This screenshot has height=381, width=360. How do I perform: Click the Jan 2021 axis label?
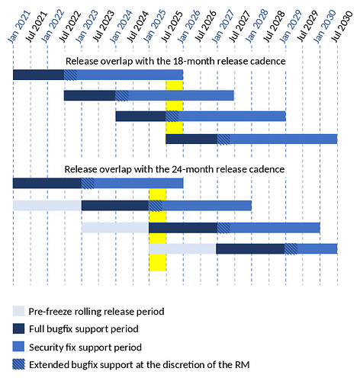(x=14, y=26)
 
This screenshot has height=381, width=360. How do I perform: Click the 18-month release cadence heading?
(x=175, y=61)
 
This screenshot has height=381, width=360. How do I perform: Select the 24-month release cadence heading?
(x=175, y=168)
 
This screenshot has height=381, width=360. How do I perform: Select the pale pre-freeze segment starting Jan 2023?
(x=114, y=227)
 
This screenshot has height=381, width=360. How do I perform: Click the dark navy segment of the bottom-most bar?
(x=250, y=248)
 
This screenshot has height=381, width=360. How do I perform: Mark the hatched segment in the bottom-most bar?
(x=291, y=248)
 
